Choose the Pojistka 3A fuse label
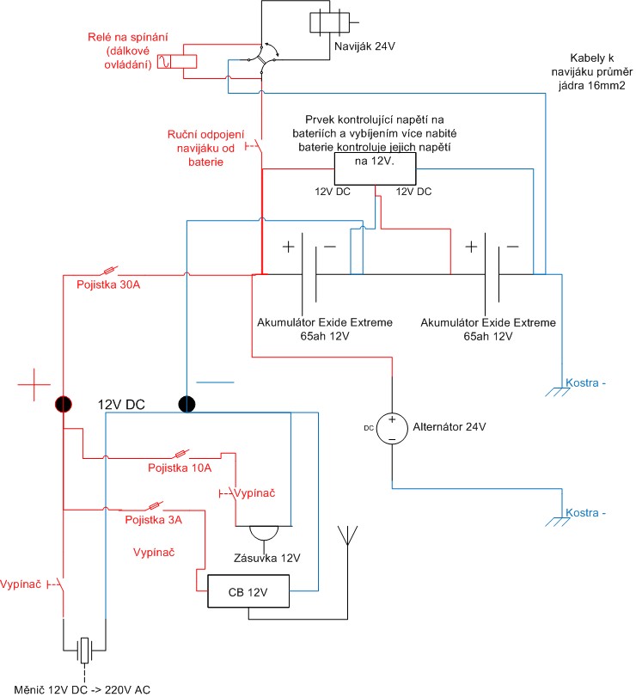pos(153,521)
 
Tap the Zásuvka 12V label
pos(267,558)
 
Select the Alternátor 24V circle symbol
pos(391,427)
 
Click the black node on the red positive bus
pos(64,403)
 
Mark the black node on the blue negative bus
pos(187,403)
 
